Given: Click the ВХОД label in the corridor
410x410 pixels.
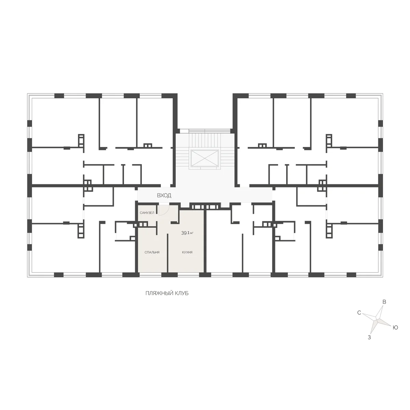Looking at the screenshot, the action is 164,195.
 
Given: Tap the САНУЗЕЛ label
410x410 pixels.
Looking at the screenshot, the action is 147,213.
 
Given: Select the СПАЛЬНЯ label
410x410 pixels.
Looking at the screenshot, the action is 152,252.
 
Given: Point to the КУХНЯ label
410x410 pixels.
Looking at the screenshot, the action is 187,252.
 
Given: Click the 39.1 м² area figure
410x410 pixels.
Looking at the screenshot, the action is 187,233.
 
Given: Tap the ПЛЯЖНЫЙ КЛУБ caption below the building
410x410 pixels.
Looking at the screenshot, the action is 167,293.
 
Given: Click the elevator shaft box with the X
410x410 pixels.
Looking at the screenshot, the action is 205,158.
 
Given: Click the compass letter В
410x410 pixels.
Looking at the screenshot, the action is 384,302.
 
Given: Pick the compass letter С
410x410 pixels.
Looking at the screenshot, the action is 359,313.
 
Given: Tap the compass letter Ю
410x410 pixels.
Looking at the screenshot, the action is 395,327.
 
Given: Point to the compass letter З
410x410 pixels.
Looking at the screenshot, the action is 369,338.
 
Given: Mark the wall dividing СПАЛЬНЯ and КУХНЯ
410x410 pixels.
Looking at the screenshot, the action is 168,253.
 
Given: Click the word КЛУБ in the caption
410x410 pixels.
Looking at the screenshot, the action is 181,293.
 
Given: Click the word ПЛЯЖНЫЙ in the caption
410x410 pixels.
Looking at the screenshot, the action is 159,293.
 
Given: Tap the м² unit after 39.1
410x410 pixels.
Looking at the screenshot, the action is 192,233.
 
